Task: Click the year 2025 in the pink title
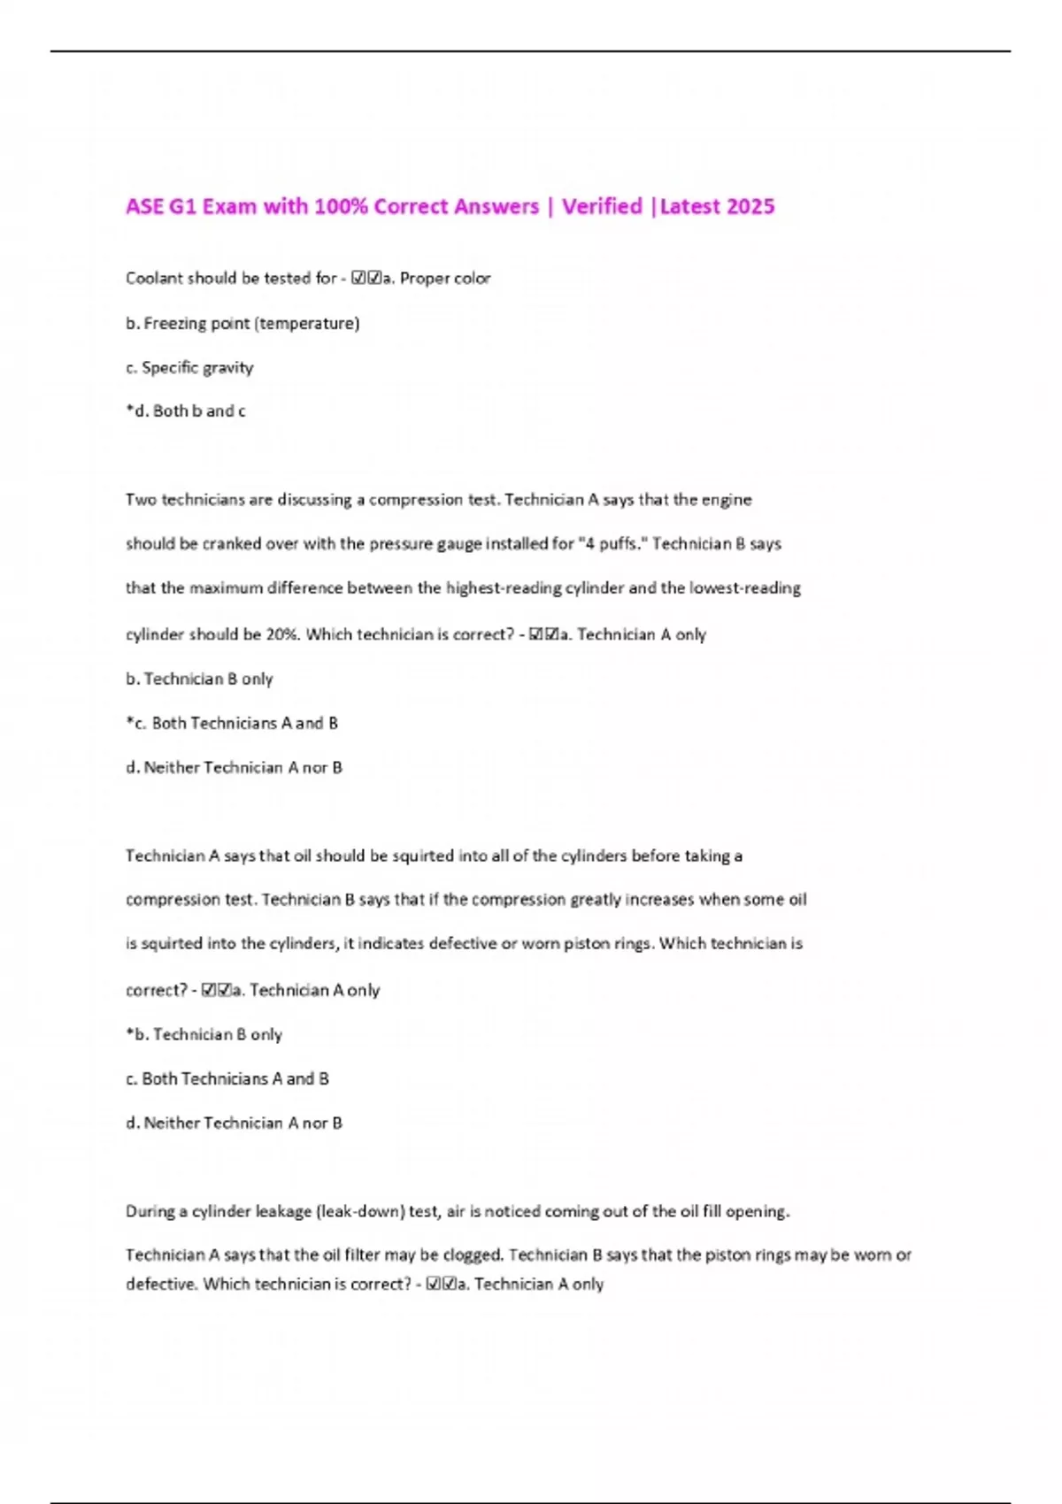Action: (x=750, y=207)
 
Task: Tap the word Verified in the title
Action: (x=602, y=207)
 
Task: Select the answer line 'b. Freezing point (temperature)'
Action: (x=242, y=323)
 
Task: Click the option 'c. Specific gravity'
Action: (x=189, y=367)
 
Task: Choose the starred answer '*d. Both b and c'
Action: (x=186, y=411)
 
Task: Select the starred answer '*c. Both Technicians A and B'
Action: (x=232, y=723)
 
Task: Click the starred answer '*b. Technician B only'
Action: (x=204, y=1034)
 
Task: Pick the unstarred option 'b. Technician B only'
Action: (x=199, y=679)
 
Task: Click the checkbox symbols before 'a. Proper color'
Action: (x=366, y=279)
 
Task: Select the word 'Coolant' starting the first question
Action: (x=154, y=279)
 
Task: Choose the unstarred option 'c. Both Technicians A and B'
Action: (x=227, y=1078)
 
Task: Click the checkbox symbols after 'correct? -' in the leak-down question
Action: (x=440, y=1284)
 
